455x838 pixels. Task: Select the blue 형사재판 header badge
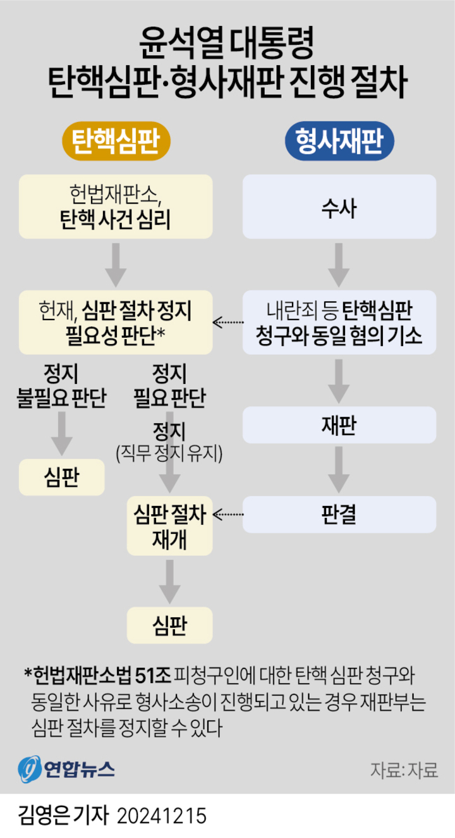340,140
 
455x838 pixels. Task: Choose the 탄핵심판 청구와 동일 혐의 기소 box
340,322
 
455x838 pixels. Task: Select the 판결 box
340,514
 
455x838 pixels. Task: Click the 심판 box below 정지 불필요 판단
62,477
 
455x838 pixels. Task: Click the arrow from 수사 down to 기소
340,266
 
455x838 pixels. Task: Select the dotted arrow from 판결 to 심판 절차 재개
229,514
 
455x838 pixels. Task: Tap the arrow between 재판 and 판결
340,469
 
